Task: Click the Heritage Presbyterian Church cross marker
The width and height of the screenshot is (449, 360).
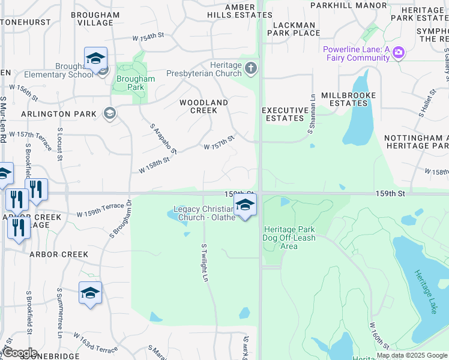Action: [251, 70]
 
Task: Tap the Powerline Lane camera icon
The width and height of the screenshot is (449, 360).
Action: [397, 53]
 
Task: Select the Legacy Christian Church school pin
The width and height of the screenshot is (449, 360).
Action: [244, 206]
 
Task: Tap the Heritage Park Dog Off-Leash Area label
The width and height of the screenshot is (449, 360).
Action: [289, 238]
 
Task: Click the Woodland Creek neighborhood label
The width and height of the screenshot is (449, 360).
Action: [204, 106]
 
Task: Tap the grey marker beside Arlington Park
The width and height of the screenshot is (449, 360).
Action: [109, 112]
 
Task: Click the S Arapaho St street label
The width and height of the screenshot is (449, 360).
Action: [163, 139]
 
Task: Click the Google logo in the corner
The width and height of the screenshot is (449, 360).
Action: [20, 353]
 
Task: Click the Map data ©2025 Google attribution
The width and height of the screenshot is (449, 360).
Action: [412, 355]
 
